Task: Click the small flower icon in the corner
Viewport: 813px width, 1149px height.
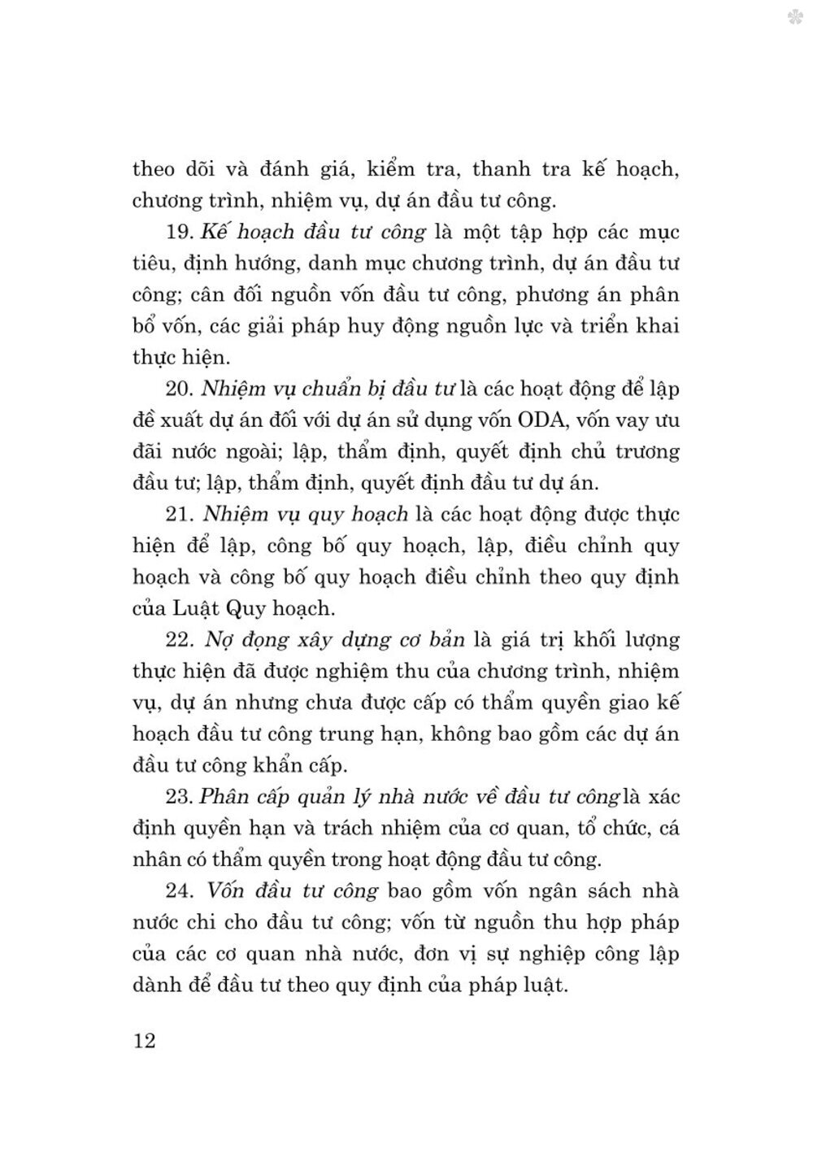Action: (x=795, y=16)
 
